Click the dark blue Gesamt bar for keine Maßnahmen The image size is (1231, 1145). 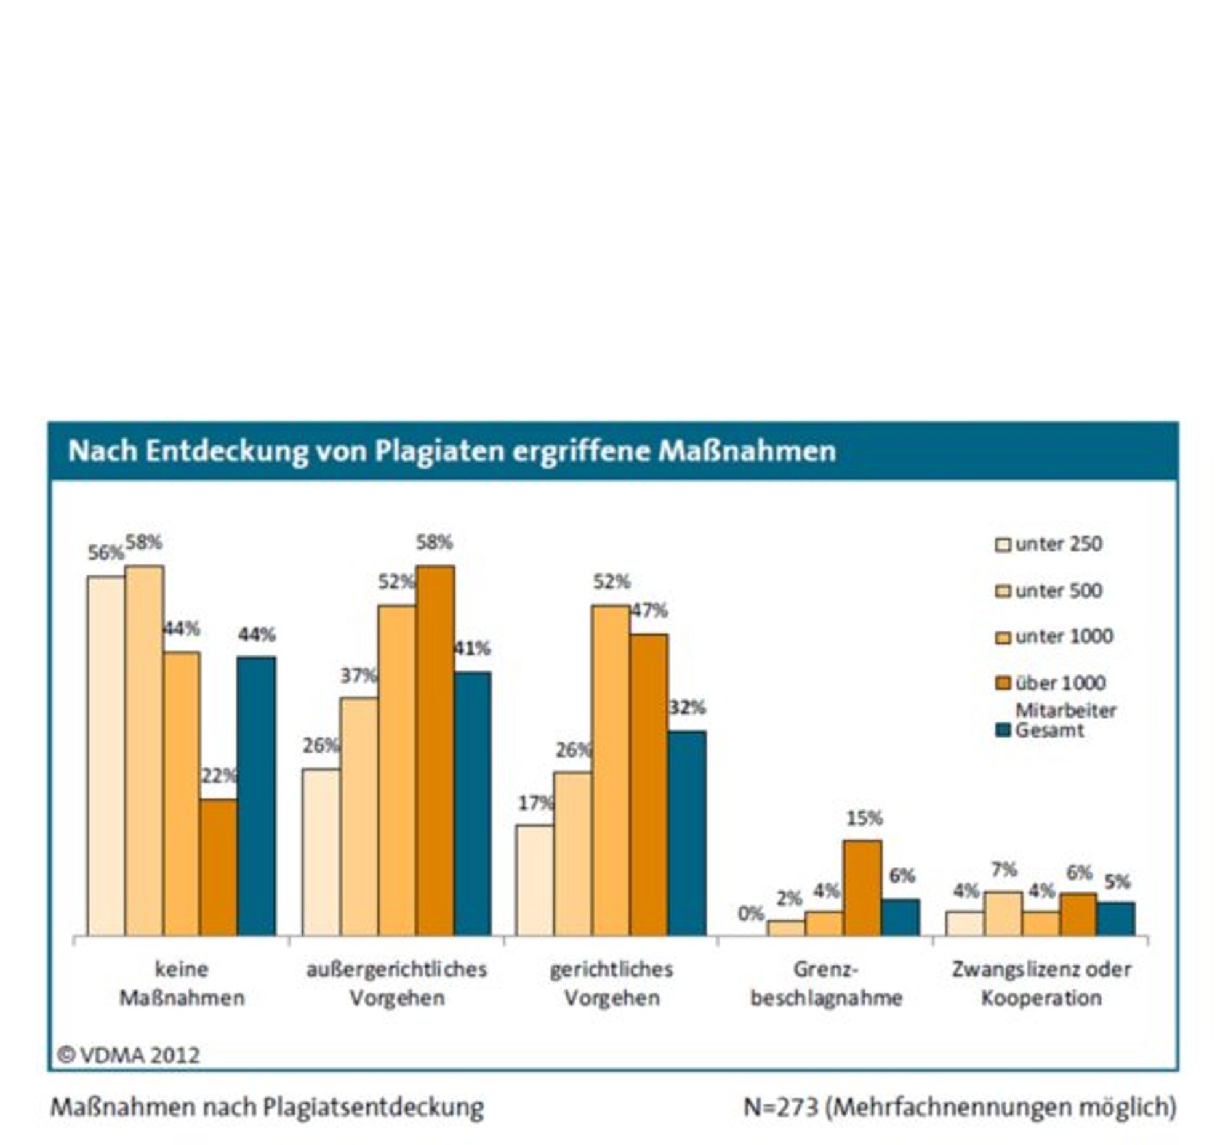pyautogui.click(x=256, y=796)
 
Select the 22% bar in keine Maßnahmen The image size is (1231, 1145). pyautogui.click(x=219, y=867)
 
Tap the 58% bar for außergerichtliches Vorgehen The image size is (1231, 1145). pyautogui.click(x=435, y=751)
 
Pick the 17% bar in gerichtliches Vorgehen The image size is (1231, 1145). pyautogui.click(x=535, y=880)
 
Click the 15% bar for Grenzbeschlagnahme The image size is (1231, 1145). pyautogui.click(x=862, y=888)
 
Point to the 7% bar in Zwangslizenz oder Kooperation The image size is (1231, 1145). pyautogui.click(x=1003, y=914)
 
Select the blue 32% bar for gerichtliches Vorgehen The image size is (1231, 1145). pyautogui.click(x=688, y=833)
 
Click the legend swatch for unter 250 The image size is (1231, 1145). pyautogui.click(x=1003, y=544)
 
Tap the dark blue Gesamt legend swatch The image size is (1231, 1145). pyautogui.click(x=1003, y=730)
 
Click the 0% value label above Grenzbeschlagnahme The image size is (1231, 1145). pyautogui.click(x=751, y=913)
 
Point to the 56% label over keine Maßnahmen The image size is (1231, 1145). pyautogui.click(x=106, y=552)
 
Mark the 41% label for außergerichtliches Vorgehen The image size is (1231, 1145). pyautogui.click(x=473, y=649)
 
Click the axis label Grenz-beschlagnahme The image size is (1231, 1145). pyautogui.click(x=826, y=983)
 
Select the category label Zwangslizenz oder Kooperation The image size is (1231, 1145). pyautogui.click(x=1041, y=983)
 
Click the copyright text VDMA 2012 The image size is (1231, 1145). pyautogui.click(x=129, y=1056)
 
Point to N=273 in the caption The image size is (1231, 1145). pyautogui.click(x=781, y=1107)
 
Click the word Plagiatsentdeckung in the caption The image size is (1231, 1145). pyautogui.click(x=374, y=1107)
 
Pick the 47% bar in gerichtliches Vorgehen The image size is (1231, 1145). pyautogui.click(x=649, y=785)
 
